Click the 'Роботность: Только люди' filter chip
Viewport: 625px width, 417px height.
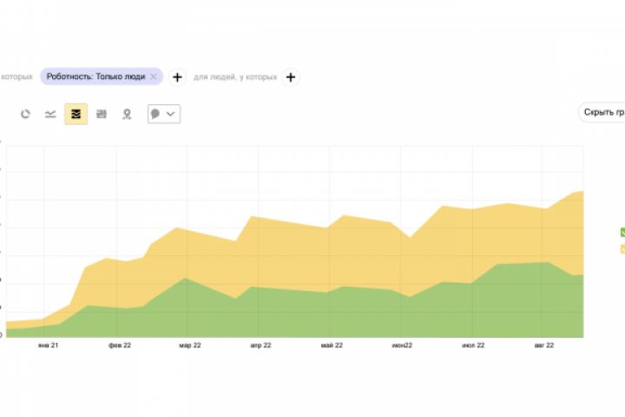tap(95, 76)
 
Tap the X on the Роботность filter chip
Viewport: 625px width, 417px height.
tap(154, 76)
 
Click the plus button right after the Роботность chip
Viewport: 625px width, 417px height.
tap(177, 77)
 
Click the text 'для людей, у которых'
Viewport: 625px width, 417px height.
tap(235, 77)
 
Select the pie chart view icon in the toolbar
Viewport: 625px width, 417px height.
tap(26, 114)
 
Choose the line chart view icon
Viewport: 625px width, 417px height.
tap(50, 114)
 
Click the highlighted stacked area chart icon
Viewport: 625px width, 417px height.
tap(76, 114)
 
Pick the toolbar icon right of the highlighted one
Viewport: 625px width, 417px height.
tap(102, 114)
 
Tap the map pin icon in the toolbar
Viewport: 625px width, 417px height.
tap(127, 114)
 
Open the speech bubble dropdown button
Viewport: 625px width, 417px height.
tap(164, 114)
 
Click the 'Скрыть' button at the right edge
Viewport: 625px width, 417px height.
tap(602, 113)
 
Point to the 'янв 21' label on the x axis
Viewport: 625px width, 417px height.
tap(48, 346)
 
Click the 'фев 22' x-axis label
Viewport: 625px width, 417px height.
tap(120, 346)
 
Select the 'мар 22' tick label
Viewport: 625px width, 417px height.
tap(191, 346)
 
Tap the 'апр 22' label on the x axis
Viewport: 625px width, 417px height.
tap(261, 346)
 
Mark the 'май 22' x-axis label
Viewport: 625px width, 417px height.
tap(332, 346)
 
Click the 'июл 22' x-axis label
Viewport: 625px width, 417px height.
tap(473, 346)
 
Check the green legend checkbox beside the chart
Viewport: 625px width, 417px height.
tap(622, 232)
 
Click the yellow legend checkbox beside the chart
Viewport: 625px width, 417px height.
tap(622, 249)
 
